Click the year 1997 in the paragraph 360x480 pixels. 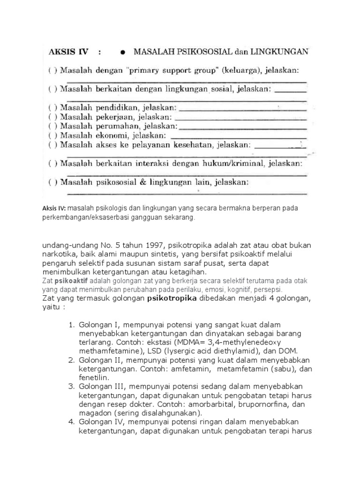141,246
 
